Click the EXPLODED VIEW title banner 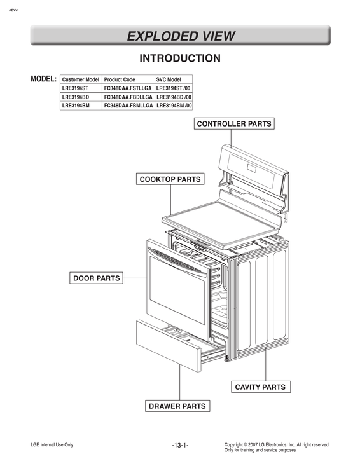[x=180, y=36]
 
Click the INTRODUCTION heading [x=180, y=58]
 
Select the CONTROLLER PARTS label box [x=233, y=123]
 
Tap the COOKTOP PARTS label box [x=170, y=179]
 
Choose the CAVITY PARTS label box [x=260, y=387]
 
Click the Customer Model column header [x=81, y=79]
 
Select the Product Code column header [x=120, y=79]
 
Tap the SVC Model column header [x=169, y=79]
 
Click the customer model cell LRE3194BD [x=76, y=97]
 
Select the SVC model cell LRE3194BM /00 [x=174, y=106]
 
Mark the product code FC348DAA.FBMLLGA [x=128, y=106]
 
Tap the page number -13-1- [x=180, y=445]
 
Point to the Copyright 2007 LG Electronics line [x=277, y=444]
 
